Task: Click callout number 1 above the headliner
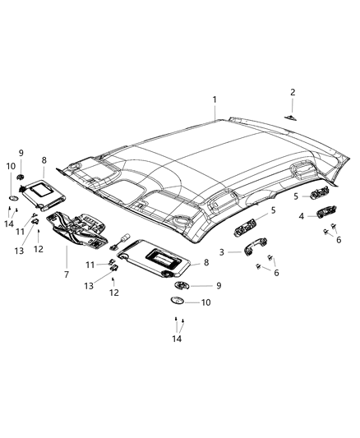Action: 215,100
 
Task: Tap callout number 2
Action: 293,92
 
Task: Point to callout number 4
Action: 301,217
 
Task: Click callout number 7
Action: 67,270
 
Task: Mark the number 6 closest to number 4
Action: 338,239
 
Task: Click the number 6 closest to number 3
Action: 276,274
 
